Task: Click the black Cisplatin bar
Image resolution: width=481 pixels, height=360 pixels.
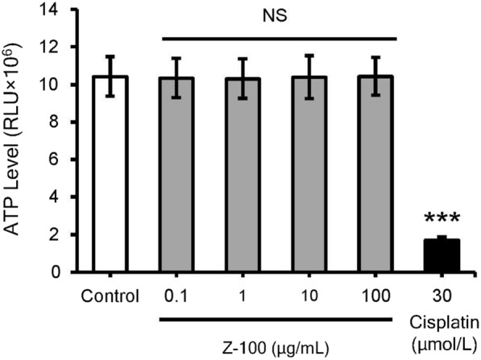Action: (440, 256)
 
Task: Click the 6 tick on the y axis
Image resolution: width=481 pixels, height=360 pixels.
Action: (63, 159)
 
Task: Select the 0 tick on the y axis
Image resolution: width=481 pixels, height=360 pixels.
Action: (63, 272)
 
